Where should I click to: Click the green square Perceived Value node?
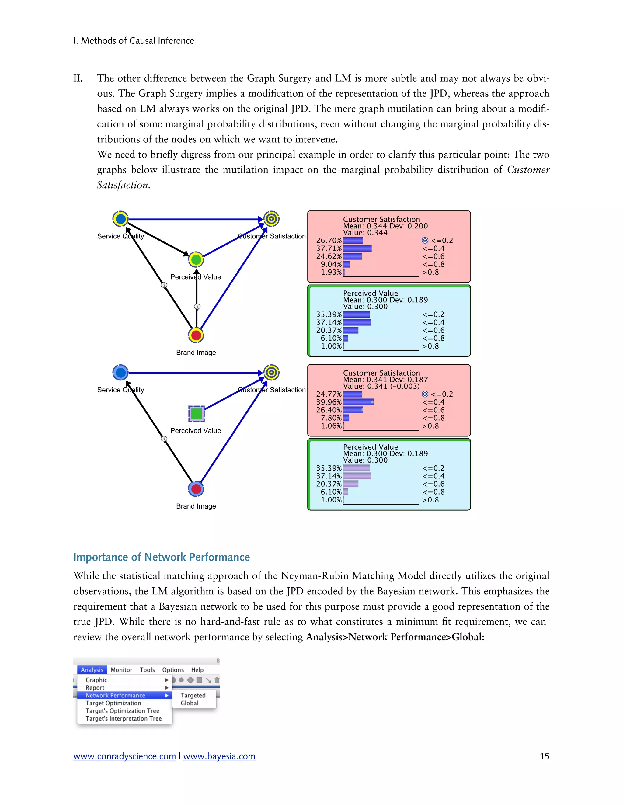point(196,413)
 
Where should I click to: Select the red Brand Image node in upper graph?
point(196,335)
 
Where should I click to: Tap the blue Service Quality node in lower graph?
point(120,373)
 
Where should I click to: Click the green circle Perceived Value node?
point(196,260)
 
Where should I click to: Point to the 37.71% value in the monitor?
point(329,248)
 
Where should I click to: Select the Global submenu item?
point(189,703)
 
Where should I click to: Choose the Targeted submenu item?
point(193,695)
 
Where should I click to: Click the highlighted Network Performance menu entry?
point(116,695)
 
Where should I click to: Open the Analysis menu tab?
point(92,670)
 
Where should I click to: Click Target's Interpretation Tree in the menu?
point(124,718)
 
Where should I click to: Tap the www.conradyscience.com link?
point(124,756)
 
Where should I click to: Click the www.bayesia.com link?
point(219,756)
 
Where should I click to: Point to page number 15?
point(545,756)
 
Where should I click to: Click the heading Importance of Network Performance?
point(161,557)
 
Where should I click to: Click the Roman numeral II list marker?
point(78,78)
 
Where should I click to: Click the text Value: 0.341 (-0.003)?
point(381,386)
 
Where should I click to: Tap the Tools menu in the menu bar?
point(147,670)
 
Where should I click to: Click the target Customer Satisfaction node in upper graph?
point(271,219)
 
